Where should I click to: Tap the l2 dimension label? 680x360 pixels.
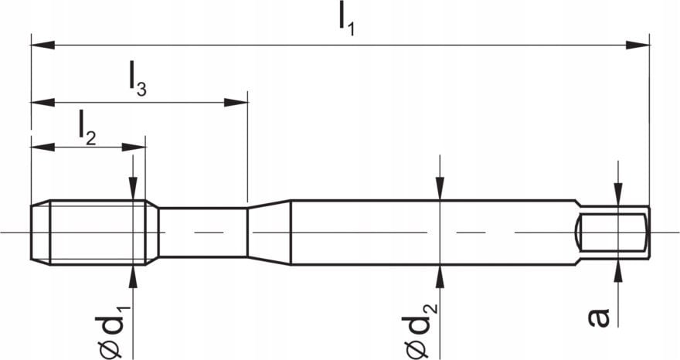point(87,127)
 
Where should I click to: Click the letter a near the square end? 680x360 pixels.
point(600,317)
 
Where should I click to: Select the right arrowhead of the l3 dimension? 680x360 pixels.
point(236,101)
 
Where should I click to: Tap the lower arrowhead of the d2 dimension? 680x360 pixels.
point(439,276)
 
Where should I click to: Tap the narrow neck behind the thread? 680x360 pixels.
point(202,233)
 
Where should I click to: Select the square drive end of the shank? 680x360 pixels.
point(614,233)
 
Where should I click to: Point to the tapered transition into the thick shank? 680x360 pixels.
point(269,233)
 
